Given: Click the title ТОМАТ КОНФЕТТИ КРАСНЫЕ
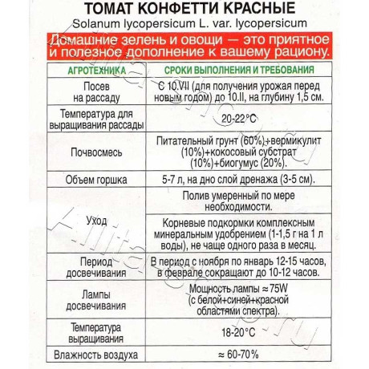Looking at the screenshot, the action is pos(184,11).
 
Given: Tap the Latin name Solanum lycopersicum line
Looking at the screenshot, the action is pos(184,26).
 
